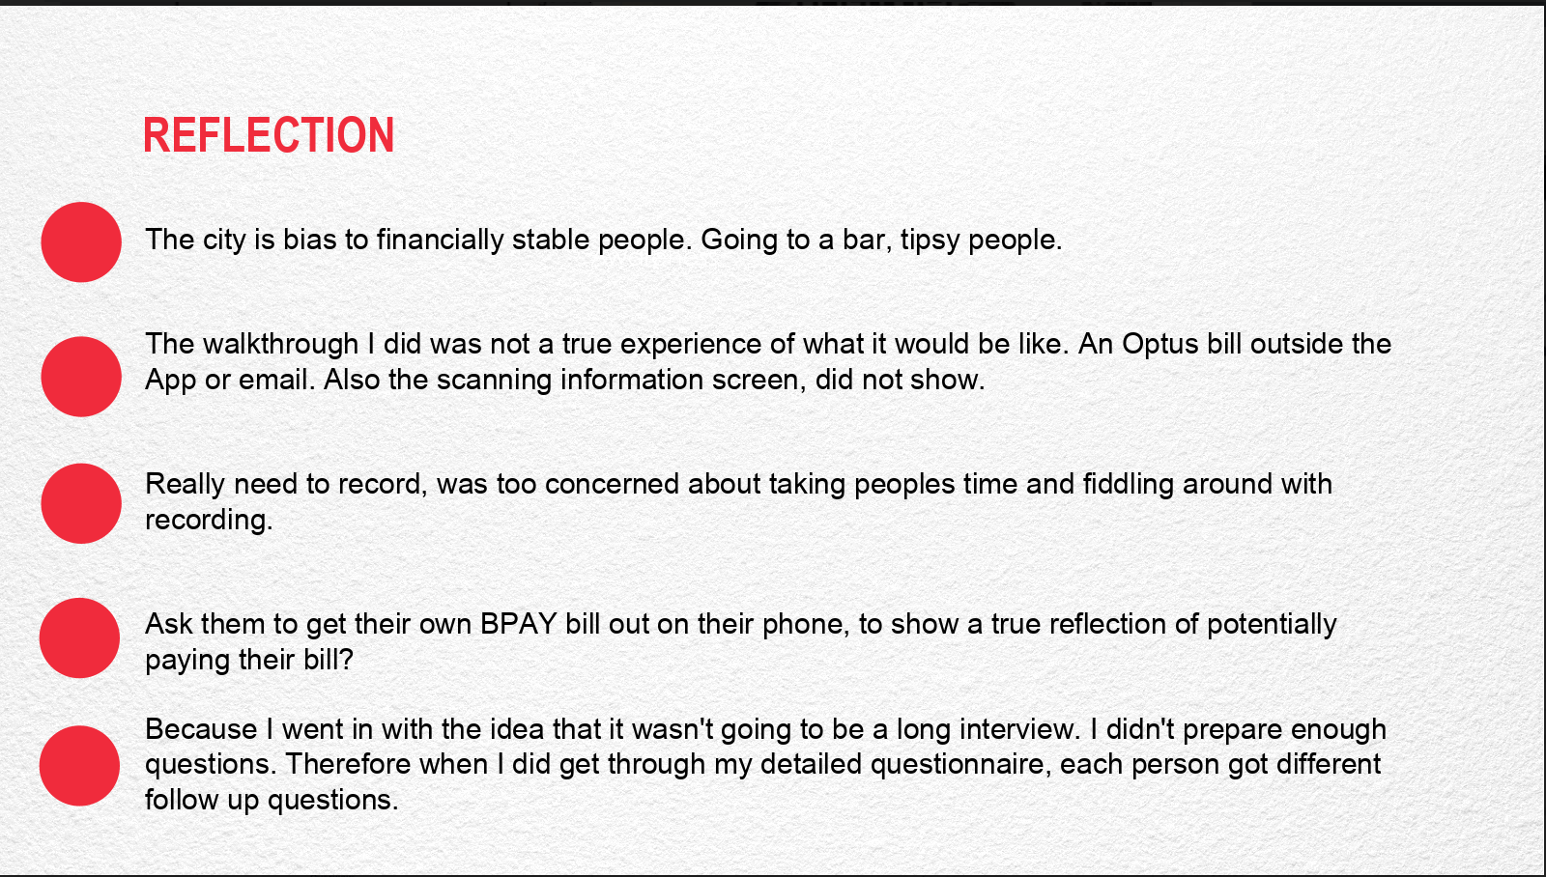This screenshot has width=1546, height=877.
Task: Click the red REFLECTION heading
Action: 269,134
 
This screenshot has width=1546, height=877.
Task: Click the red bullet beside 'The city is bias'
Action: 81,242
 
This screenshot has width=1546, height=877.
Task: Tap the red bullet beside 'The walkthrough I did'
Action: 81,377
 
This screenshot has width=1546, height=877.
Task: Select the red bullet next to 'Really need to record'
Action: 81,504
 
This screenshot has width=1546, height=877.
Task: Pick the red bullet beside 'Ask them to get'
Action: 79,638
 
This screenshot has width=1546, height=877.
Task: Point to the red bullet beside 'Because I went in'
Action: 79,766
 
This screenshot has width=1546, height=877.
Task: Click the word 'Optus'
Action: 1159,345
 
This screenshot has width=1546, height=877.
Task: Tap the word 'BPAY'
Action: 518,624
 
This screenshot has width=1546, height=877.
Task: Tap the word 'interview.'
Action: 1020,729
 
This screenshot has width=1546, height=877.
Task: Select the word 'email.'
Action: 285,380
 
